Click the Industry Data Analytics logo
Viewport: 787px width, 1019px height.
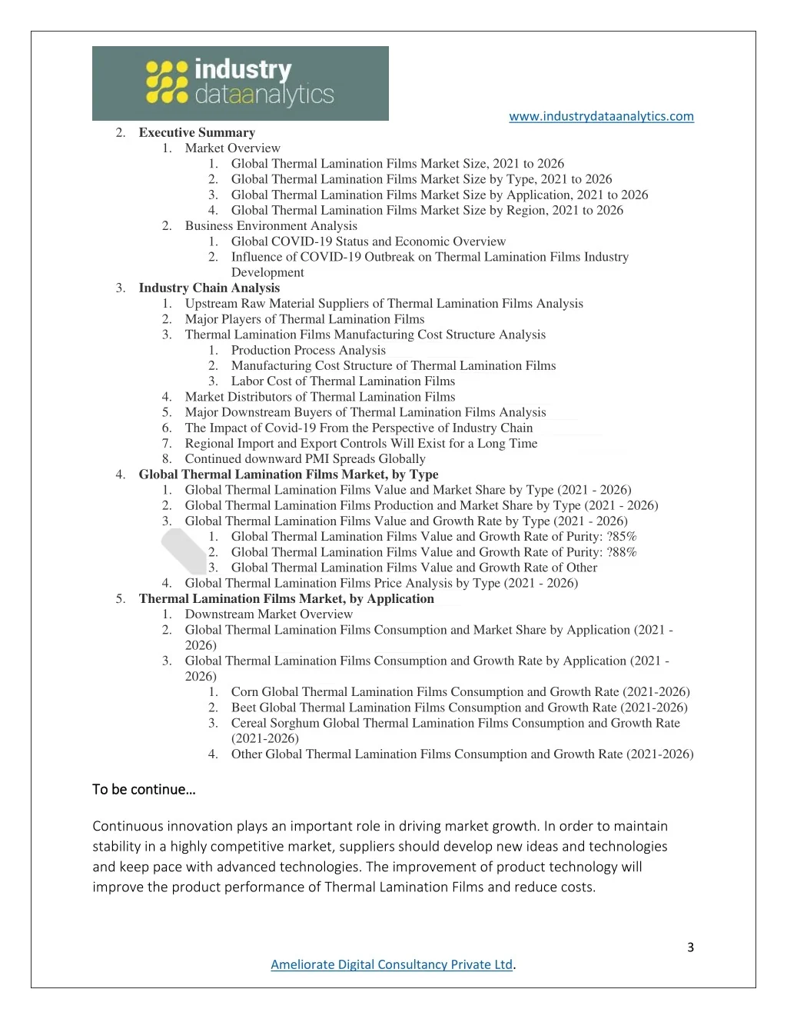[240, 83]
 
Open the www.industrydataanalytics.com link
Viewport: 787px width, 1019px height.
[601, 116]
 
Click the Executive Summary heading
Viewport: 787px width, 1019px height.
[197, 132]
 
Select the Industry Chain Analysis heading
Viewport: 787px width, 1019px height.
[209, 288]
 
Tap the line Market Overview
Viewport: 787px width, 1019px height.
[232, 148]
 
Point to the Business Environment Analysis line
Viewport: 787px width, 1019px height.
[271, 225]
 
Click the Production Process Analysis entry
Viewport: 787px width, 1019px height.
[308, 350]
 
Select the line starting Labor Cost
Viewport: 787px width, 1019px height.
[343, 381]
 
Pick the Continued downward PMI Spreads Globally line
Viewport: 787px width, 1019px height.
[304, 458]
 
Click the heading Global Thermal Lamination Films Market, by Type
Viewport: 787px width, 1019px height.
[288, 475]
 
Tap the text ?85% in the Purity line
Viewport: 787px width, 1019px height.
[621, 536]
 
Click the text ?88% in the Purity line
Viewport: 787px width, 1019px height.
[621, 552]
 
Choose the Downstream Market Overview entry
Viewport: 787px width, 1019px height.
[268, 614]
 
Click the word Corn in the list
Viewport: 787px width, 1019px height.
[244, 691]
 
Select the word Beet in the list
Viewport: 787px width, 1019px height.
[244, 708]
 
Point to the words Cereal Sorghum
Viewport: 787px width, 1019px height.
[275, 723]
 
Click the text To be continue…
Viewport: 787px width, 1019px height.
[144, 789]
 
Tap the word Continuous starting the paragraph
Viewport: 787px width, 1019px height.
[128, 826]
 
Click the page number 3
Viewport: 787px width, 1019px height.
[690, 947]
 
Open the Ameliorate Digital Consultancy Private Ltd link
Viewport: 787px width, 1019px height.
[391, 964]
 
